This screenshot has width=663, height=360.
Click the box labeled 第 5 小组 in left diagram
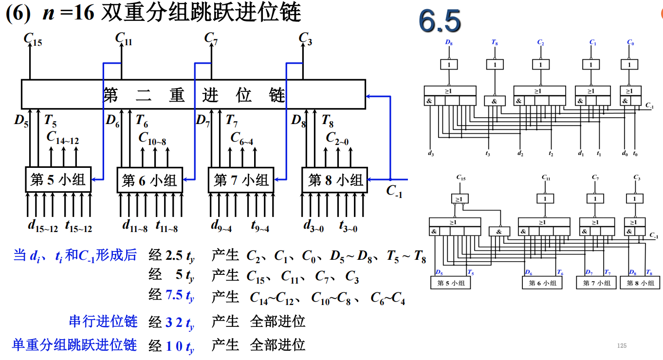coord(58,180)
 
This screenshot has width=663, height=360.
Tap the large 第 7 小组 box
coord(241,180)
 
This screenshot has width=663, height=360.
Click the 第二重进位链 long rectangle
coord(193,94)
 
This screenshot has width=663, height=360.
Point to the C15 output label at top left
coord(33,39)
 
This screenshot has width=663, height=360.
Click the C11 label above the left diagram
coord(123,38)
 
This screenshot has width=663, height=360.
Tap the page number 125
coord(622,346)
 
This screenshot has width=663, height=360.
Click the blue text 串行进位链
coord(103,322)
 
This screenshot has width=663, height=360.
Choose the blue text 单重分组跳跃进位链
coord(74,345)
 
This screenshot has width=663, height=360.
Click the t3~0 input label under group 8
coord(348,227)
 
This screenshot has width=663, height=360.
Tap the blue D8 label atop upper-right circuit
coord(449,43)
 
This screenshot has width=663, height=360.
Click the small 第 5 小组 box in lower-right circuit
coord(451,283)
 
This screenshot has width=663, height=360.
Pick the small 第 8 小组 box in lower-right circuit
coord(639,283)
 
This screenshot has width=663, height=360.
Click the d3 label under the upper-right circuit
coord(431,154)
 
